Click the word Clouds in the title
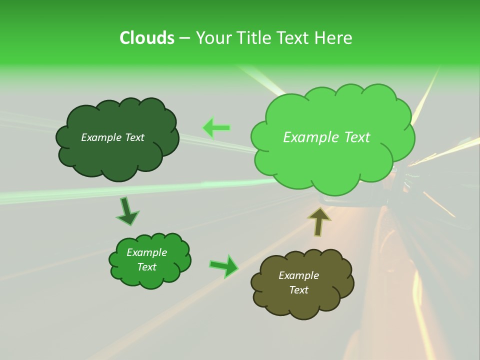[x=146, y=38]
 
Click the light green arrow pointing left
[x=216, y=128]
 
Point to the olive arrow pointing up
[x=319, y=221]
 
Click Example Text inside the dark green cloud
[x=112, y=137]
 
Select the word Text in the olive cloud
[x=298, y=290]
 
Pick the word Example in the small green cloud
[x=146, y=252]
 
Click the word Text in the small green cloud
[x=146, y=267]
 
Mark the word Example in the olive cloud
[x=298, y=275]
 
